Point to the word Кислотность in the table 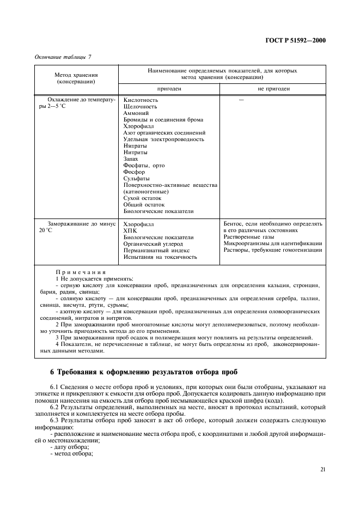141,100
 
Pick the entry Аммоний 136,113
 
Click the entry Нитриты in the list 136,153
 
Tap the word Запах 131,159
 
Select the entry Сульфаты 137,179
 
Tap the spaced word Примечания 81,271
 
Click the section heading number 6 52,373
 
